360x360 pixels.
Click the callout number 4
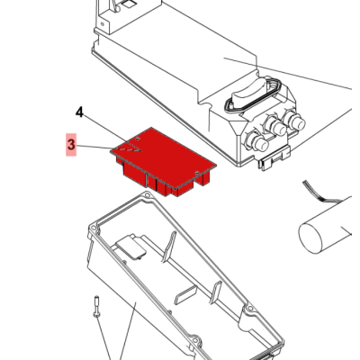pos(79,112)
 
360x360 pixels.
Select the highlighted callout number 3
pos(71,145)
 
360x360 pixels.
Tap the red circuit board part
pos(164,161)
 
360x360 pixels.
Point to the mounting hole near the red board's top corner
pos(138,139)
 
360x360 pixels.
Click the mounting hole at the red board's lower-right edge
pos(197,173)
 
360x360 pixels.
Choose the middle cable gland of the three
pos(275,126)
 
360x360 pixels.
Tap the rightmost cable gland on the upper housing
pos(294,120)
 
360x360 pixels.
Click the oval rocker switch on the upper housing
pos(248,92)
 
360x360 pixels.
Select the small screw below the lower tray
pos(96,306)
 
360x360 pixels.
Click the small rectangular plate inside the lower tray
pos(131,247)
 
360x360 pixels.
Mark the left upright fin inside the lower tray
pos(169,247)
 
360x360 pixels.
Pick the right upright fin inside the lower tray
pos(216,292)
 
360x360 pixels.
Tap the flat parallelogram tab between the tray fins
pos(185,294)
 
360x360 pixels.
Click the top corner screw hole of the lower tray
pos(147,195)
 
